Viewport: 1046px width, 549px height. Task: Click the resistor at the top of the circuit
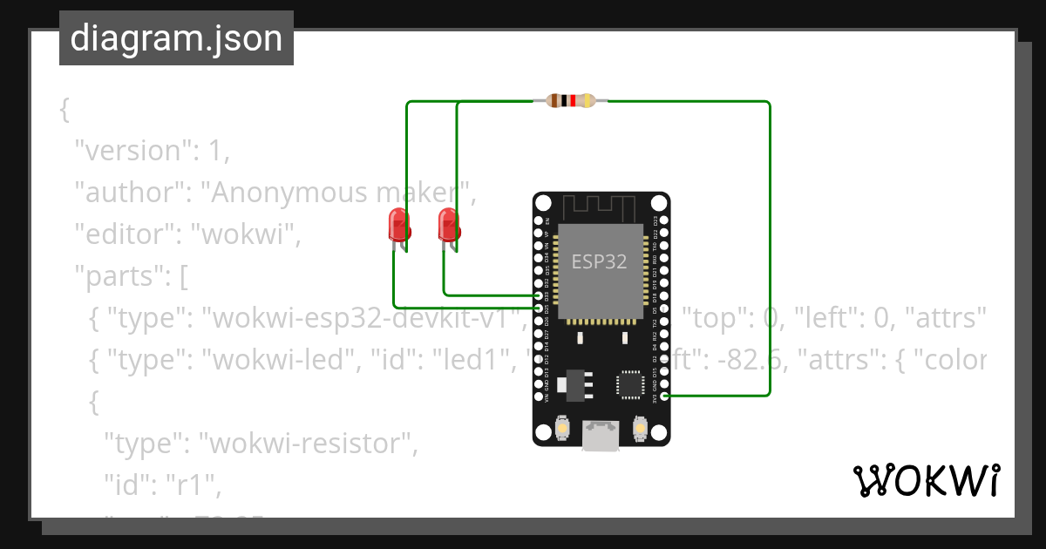point(570,101)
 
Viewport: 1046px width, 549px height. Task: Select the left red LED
point(398,225)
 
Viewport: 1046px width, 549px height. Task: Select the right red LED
point(448,225)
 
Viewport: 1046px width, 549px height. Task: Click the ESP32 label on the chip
point(599,261)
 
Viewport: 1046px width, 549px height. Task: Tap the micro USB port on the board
point(601,436)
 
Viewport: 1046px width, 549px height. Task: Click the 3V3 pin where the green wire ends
point(664,396)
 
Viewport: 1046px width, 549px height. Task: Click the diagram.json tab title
point(176,38)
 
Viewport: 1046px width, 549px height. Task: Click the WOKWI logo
point(926,480)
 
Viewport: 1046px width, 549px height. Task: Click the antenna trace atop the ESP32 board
point(601,207)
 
